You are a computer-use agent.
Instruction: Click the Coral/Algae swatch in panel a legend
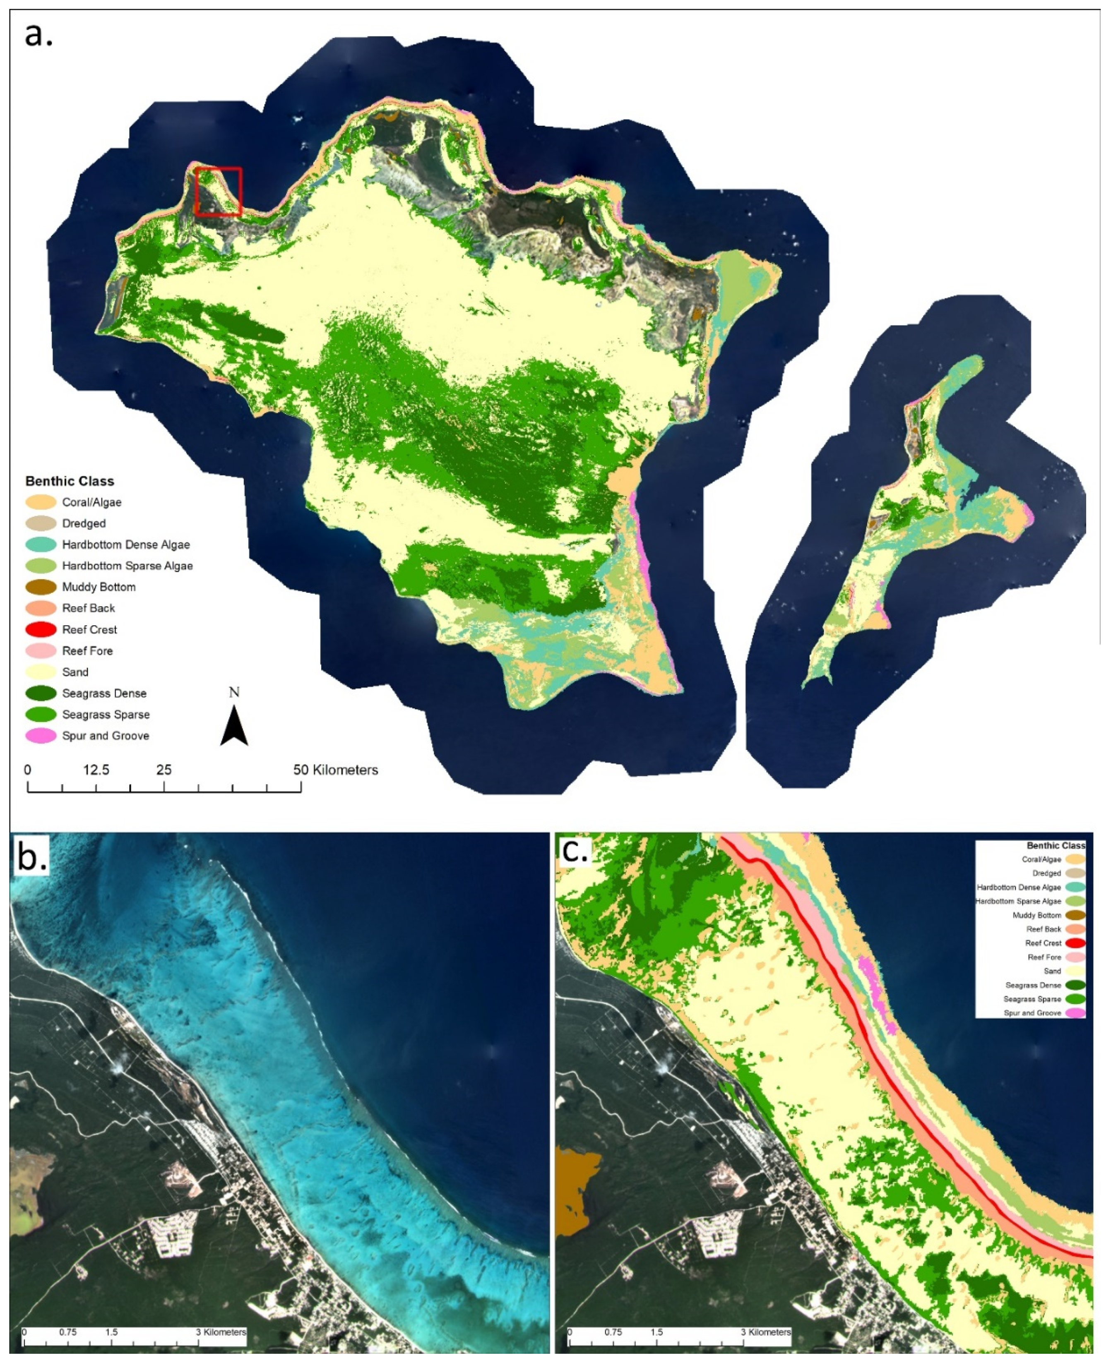pos(41,502)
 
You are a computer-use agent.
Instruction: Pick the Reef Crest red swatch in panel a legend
pos(41,629)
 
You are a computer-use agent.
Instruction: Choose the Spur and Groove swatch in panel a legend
pos(41,736)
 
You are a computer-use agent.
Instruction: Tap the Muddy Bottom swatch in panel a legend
pos(41,587)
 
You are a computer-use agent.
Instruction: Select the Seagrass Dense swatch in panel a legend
pos(41,693)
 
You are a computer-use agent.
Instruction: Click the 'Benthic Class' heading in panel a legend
pos(70,481)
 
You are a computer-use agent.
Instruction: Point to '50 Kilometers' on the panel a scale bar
pos(335,770)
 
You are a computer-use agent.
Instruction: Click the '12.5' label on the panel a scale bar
pos(96,770)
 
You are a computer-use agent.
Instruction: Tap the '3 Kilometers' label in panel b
pos(221,1332)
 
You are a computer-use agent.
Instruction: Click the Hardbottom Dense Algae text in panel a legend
pos(126,545)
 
